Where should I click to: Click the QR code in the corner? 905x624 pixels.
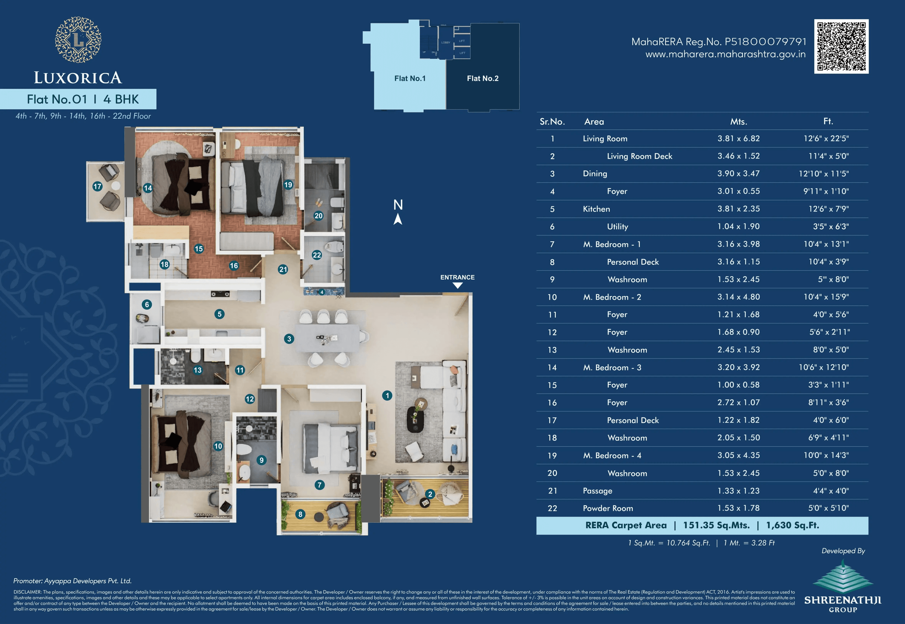[x=841, y=46]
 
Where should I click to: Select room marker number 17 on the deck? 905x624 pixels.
[x=97, y=186]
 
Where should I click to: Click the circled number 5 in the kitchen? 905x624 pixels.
[x=219, y=314]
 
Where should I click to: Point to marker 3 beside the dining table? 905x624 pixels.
[x=289, y=339]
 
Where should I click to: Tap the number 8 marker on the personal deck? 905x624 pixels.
[x=300, y=514]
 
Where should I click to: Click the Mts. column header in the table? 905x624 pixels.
[x=738, y=122]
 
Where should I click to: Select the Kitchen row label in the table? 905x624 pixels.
[x=596, y=209]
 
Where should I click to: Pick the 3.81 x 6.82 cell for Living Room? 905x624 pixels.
[x=738, y=138]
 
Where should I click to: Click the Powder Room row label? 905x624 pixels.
[x=608, y=508]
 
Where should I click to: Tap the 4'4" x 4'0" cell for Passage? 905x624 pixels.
[x=831, y=491]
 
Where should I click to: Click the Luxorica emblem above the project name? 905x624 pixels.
[x=78, y=40]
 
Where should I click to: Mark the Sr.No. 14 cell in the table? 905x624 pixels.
[x=552, y=368]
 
